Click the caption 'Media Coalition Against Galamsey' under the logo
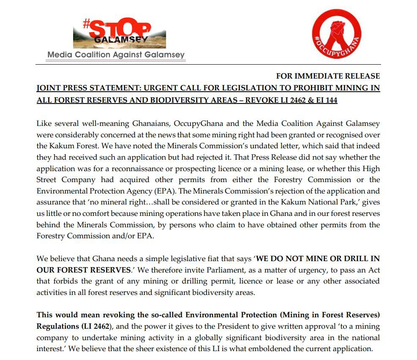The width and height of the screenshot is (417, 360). click(x=116, y=55)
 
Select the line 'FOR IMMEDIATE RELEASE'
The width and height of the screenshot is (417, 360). click(x=328, y=76)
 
